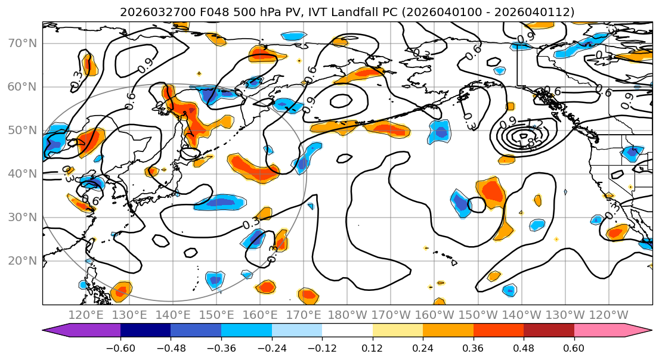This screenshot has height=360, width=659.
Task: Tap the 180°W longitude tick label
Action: tap(347, 315)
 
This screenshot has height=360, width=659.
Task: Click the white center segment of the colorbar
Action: tap(347, 331)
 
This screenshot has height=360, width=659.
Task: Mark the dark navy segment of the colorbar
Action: tap(146, 331)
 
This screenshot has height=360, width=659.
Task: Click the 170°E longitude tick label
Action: tap(304, 315)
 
